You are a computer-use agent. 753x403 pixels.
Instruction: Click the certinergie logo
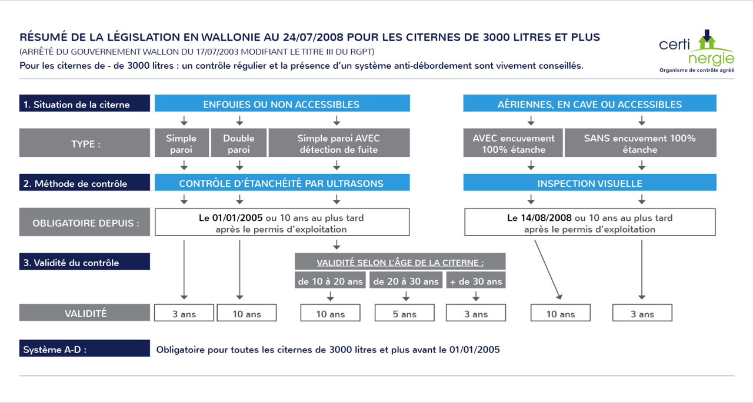coord(697,51)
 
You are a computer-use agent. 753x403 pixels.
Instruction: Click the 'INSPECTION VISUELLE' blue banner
coord(589,182)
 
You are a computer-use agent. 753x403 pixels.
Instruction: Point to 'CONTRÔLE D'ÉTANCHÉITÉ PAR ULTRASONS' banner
coord(282,182)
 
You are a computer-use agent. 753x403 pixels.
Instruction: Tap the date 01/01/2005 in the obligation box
coord(237,217)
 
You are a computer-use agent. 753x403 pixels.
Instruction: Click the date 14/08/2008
coord(546,217)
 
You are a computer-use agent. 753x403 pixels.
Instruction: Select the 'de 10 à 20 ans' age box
coord(330,280)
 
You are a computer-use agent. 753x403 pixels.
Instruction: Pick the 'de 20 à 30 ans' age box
coord(406,280)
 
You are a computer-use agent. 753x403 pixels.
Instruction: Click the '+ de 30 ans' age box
coord(476,280)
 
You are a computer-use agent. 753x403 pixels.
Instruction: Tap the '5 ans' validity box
coord(404,313)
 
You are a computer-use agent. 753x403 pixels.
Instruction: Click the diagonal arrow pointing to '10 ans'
coord(548,269)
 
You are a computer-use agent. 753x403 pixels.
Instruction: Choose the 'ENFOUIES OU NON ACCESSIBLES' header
coord(282,103)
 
